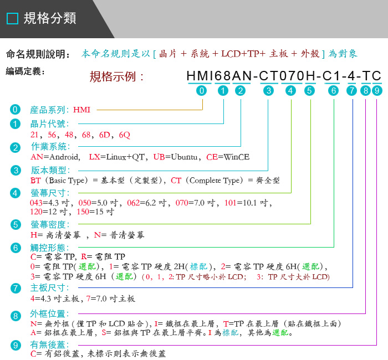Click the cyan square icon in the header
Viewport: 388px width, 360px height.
(x=12, y=18)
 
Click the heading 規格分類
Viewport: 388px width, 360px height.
(x=50, y=18)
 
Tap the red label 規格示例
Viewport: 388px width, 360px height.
(x=116, y=76)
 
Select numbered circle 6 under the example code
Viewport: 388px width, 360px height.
(x=333, y=91)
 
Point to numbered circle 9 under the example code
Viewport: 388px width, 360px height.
(x=377, y=91)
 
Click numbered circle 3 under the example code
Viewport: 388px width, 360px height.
(x=268, y=91)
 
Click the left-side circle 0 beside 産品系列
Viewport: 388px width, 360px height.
(x=15, y=110)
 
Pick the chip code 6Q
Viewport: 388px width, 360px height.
(x=125, y=135)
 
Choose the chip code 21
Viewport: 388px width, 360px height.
(x=34, y=135)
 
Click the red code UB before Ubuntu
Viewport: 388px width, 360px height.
(x=159, y=157)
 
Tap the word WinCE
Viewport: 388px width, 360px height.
(x=237, y=157)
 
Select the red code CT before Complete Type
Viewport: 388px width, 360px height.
(x=176, y=180)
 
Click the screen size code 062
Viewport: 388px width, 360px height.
(x=134, y=203)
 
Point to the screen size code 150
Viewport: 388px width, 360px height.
(x=83, y=212)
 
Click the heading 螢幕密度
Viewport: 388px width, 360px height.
(x=50, y=224)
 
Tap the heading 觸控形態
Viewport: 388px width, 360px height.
(x=50, y=248)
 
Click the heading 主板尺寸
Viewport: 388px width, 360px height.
(x=50, y=288)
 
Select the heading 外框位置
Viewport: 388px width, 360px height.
(x=50, y=314)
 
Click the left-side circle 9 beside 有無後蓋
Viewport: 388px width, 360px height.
(x=16, y=345)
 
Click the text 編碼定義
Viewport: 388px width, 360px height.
(x=25, y=71)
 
